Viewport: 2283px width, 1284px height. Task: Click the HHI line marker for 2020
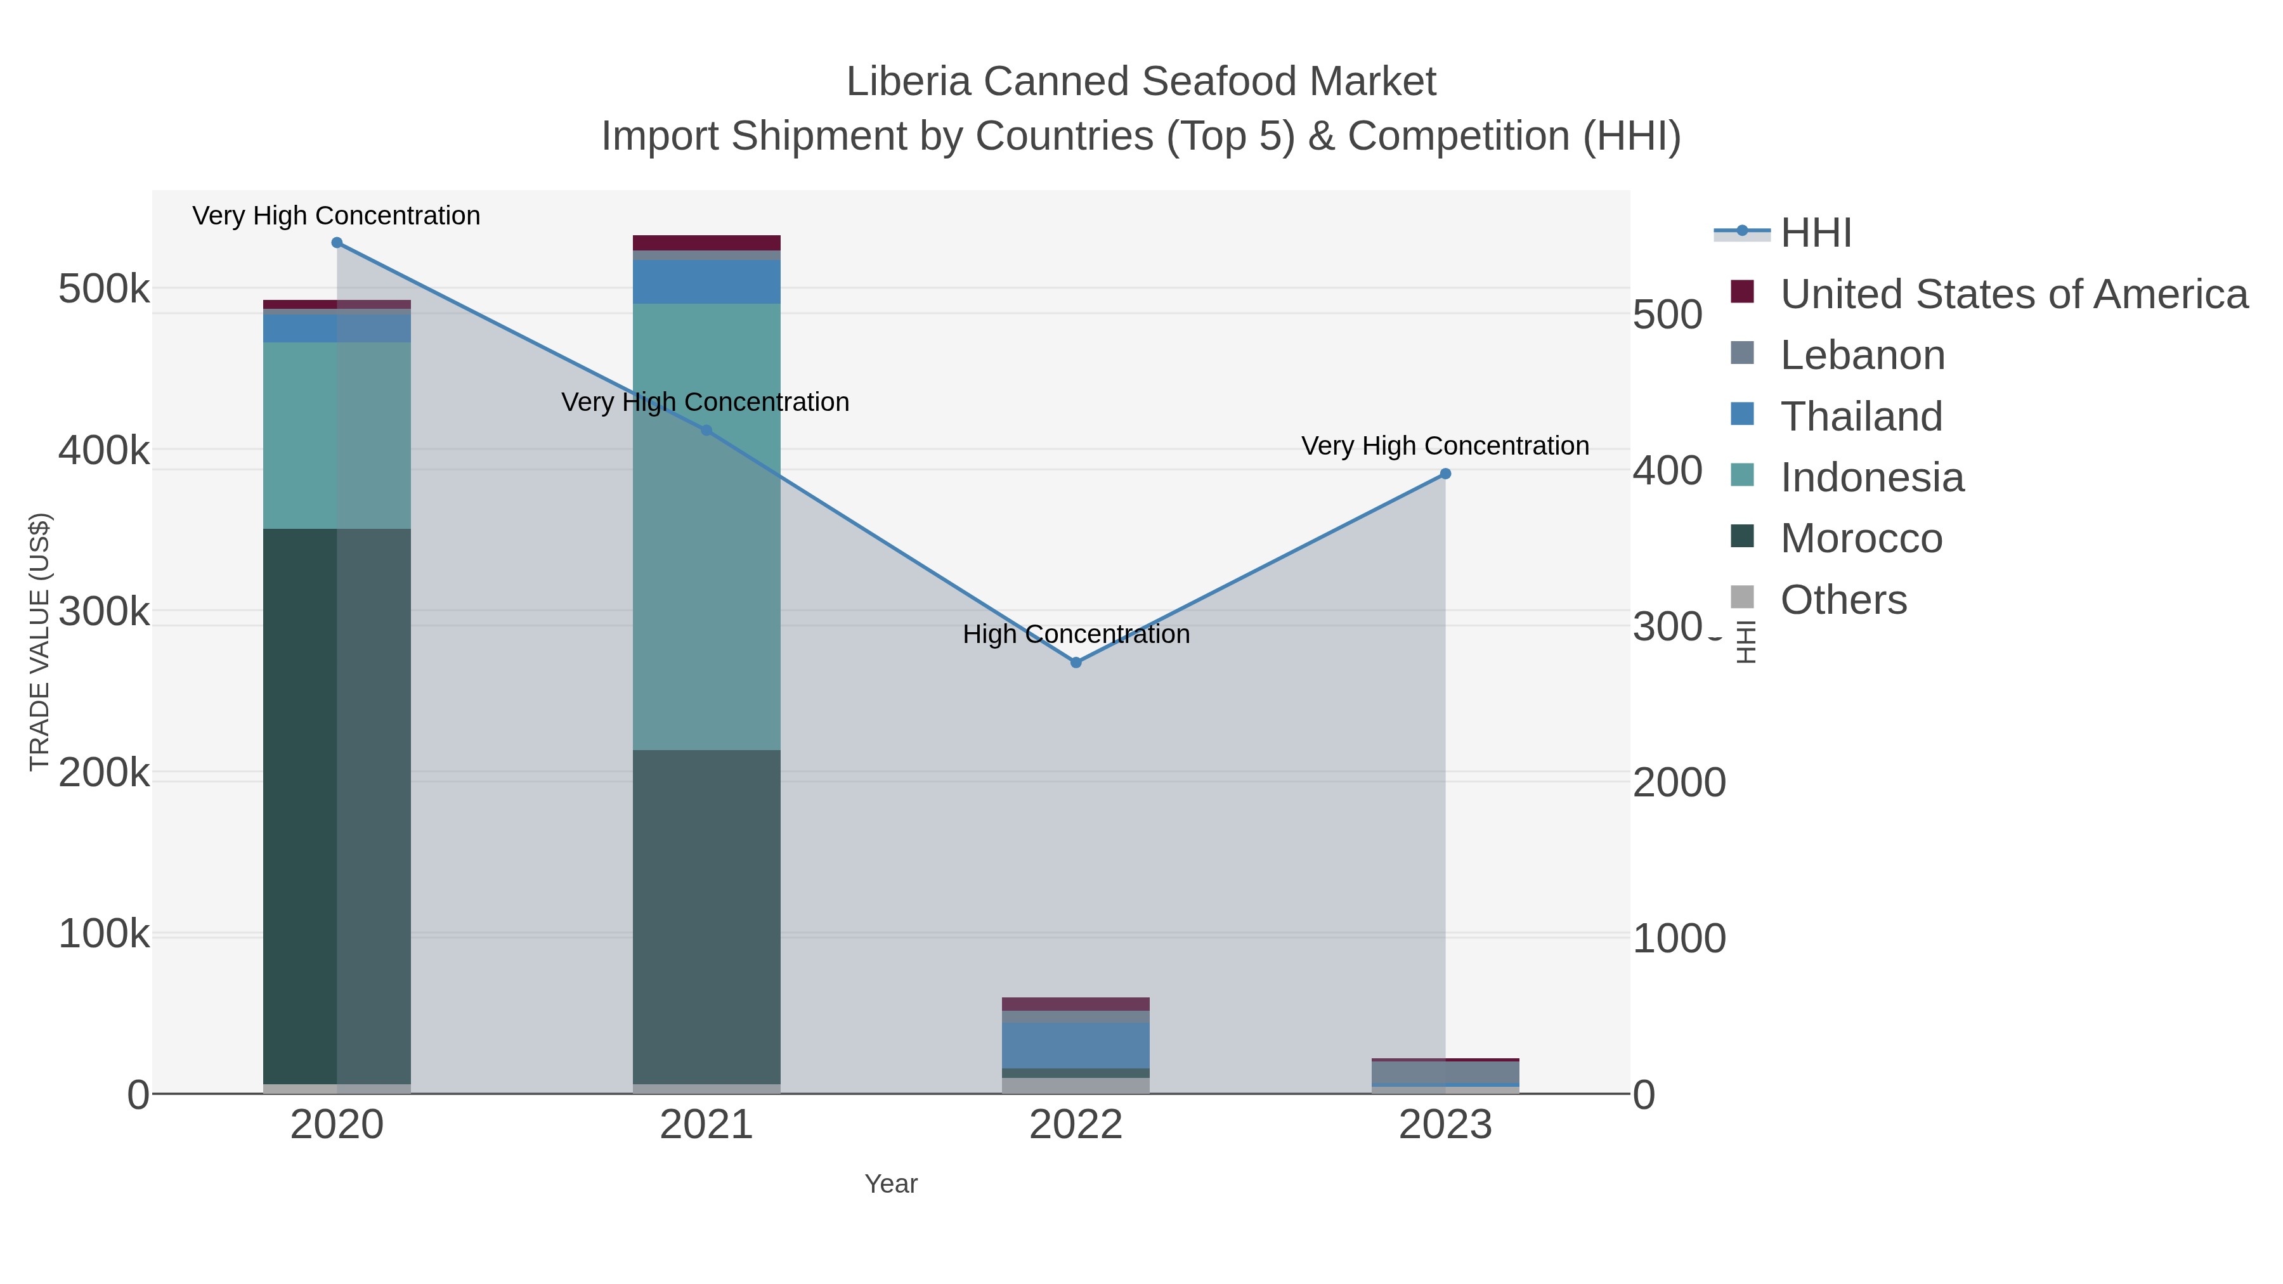337,243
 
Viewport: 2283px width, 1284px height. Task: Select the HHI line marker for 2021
706,431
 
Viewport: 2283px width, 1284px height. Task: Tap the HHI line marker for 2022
1076,663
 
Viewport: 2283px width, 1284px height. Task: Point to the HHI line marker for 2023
1445,474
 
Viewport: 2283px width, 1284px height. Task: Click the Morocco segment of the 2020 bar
337,798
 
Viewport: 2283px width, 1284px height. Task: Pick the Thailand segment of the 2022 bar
1076,1046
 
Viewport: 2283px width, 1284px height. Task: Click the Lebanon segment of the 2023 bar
1445,1072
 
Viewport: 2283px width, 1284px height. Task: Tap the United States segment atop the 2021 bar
706,243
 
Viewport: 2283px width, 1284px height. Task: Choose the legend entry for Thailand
1861,417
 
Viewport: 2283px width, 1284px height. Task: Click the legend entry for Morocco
1861,539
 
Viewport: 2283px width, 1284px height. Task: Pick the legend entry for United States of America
2013,294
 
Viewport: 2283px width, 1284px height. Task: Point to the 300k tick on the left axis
104,611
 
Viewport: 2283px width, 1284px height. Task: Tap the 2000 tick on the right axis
1679,783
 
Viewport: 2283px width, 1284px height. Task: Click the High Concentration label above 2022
1076,635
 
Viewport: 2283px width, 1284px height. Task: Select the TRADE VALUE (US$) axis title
40,642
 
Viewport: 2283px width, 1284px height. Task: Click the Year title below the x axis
891,1184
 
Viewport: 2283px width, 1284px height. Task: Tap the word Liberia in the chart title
908,82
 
